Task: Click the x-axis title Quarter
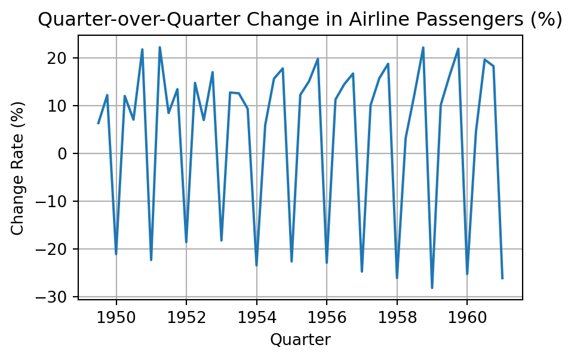click(x=300, y=340)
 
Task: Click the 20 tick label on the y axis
click(x=62, y=59)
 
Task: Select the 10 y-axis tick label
click(x=62, y=106)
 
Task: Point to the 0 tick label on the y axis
click(x=66, y=154)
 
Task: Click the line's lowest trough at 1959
click(x=432, y=288)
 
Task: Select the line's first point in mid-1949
click(x=99, y=124)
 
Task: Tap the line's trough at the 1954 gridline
click(x=256, y=266)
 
